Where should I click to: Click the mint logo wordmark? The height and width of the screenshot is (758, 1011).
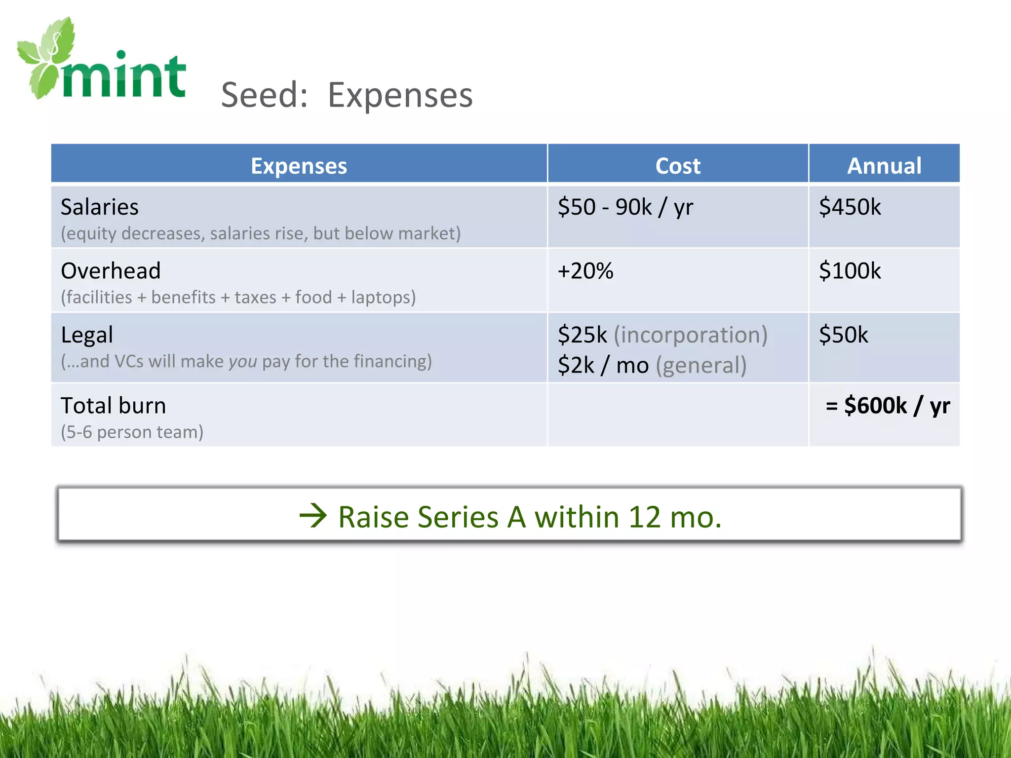123,76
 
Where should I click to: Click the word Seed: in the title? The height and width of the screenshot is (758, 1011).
264,95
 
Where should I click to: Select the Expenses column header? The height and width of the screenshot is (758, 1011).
299,166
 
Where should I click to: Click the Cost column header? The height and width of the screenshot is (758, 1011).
677,166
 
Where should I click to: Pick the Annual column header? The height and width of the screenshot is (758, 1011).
884,166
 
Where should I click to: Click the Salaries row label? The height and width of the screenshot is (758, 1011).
99,207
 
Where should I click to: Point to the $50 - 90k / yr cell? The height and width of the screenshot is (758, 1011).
625,207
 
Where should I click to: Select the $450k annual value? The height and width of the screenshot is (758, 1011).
849,207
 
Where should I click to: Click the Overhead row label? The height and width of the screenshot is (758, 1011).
111,270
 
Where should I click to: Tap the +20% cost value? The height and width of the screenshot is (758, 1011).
585,270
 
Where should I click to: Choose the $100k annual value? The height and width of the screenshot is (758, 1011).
849,270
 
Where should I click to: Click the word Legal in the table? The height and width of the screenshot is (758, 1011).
87,335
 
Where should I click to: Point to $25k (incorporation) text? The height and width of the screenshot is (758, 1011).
662,335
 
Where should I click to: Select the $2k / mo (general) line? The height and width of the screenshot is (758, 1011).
652,365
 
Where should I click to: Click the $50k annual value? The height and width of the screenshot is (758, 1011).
843,335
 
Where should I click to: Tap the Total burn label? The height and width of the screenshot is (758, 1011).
113,406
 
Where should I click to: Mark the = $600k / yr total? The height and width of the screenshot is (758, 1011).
887,406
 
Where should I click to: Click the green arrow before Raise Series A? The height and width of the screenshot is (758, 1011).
313,516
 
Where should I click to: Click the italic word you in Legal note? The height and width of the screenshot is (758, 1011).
242,361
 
